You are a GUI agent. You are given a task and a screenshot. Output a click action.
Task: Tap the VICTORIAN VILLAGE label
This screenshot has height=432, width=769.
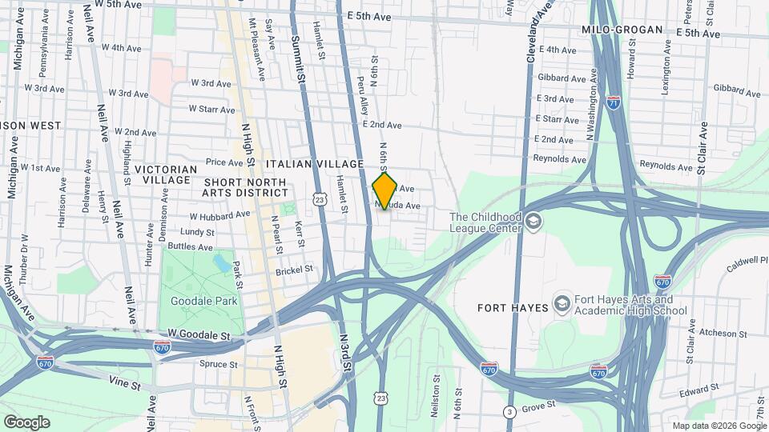[165, 175]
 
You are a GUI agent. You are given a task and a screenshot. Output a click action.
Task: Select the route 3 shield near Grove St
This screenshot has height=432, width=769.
[509, 412]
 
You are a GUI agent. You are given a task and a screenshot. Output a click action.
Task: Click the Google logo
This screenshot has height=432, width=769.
[26, 422]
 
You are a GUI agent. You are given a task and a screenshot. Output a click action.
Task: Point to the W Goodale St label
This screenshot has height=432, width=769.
[199, 332]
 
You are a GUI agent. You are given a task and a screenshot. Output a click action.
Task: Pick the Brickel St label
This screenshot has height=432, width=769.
[294, 270]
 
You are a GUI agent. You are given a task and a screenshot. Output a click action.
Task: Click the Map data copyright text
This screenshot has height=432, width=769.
[718, 426]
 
